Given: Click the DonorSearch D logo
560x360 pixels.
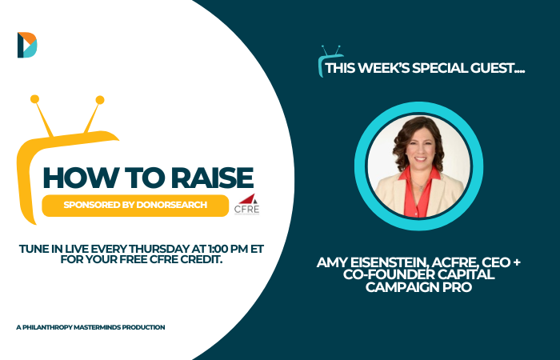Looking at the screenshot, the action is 27,45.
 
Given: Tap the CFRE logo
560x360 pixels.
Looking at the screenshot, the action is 246,204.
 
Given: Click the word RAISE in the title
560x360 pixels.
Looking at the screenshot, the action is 212,178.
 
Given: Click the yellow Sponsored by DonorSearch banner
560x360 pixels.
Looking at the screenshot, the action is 135,206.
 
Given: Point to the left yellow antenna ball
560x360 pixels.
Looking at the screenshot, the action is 34,99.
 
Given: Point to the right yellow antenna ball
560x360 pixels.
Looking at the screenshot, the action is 100,100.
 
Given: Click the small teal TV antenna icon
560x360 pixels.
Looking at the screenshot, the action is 330,61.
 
